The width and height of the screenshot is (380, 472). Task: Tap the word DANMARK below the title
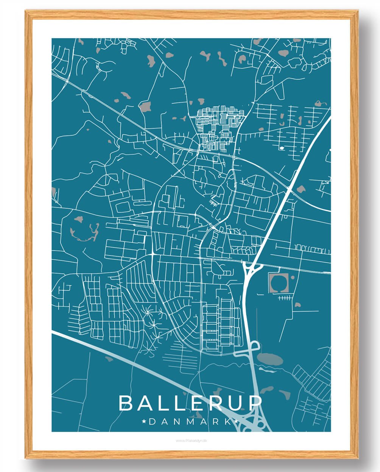pos(190,421)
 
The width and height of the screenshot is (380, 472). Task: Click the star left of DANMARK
pos(144,421)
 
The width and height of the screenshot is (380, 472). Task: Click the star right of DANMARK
pos(237,421)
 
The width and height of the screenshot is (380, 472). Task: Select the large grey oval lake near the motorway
pos(269,358)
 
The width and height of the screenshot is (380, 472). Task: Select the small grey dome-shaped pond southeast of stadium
pos(297,304)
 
